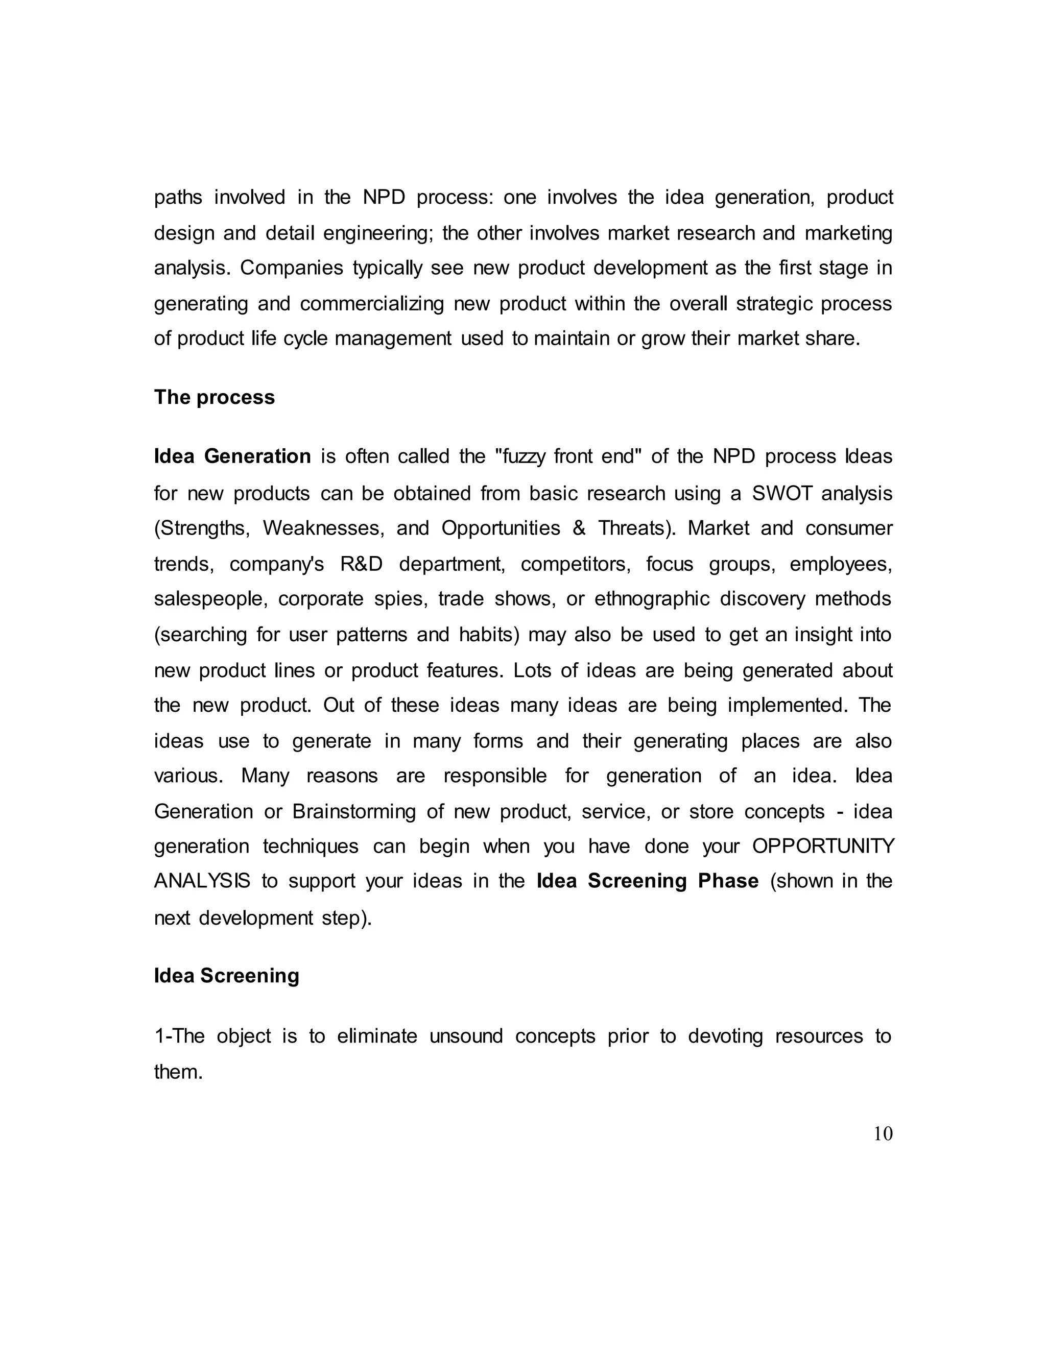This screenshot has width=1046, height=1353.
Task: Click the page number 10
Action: point(883,1133)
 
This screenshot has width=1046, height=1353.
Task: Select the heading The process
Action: point(214,397)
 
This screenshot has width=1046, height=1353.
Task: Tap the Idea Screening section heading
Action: point(226,976)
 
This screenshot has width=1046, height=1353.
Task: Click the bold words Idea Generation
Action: point(232,456)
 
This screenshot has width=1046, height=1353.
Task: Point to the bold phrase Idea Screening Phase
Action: point(648,881)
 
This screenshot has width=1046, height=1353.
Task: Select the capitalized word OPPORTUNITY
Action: point(823,846)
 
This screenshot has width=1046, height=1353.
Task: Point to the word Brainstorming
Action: point(354,812)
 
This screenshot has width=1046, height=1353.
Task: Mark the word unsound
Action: point(466,1036)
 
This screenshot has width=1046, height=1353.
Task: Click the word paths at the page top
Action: point(178,198)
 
